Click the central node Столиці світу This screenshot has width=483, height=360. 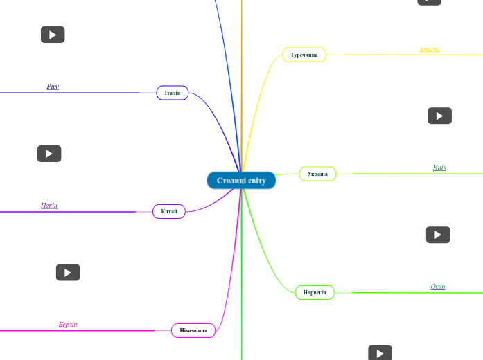coord(241,181)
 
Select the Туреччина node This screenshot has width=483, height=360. coord(304,55)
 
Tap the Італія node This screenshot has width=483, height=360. coord(172,93)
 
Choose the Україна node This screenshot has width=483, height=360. coord(317,174)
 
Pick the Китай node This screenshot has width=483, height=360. coord(169,211)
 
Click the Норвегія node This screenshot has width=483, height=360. coord(315,293)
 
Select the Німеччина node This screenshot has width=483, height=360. coord(193,330)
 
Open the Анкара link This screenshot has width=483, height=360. coord(429,50)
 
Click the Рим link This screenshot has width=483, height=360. coord(53,87)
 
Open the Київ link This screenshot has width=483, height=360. coord(439,168)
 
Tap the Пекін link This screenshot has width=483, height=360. coord(49,206)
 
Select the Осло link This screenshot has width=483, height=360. coord(438,287)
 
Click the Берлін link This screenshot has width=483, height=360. coord(68,324)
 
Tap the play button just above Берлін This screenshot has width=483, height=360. coord(68,273)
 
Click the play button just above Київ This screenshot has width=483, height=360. coord(439,116)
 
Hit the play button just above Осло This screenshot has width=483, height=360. coord(438,235)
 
